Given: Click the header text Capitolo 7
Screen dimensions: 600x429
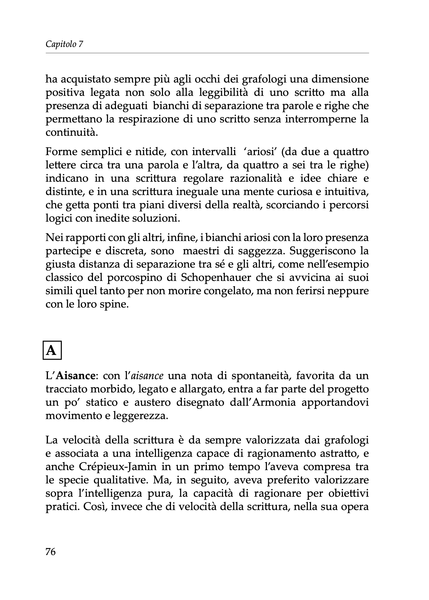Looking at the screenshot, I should tap(64, 44).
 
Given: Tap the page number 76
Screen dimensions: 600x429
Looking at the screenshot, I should tap(50, 552).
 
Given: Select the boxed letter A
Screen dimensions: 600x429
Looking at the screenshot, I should tap(52, 350).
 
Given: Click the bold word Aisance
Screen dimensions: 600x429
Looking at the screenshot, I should tap(76, 376).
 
